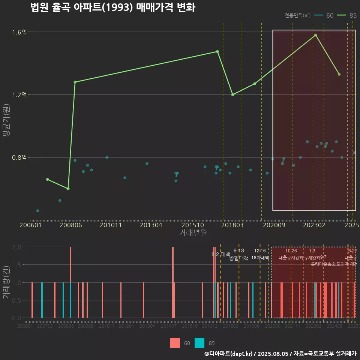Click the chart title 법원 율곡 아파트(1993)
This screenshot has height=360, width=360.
coord(112,7)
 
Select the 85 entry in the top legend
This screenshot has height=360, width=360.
coord(347,15)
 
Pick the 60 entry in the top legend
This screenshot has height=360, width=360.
coord(325,15)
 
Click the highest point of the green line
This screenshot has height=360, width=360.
coord(315,35)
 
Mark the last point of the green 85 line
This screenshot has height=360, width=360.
coord(339,74)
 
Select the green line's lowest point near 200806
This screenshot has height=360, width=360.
coord(68,189)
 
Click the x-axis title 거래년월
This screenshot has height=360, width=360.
coord(193,232)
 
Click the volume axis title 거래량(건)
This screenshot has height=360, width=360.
coord(6,282)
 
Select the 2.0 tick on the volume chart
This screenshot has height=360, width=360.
coord(17,247)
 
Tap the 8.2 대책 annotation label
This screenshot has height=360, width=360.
coord(221,254)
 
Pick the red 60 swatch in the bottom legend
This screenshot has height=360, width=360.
coord(175,343)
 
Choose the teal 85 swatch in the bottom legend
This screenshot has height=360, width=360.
coord(200,343)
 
